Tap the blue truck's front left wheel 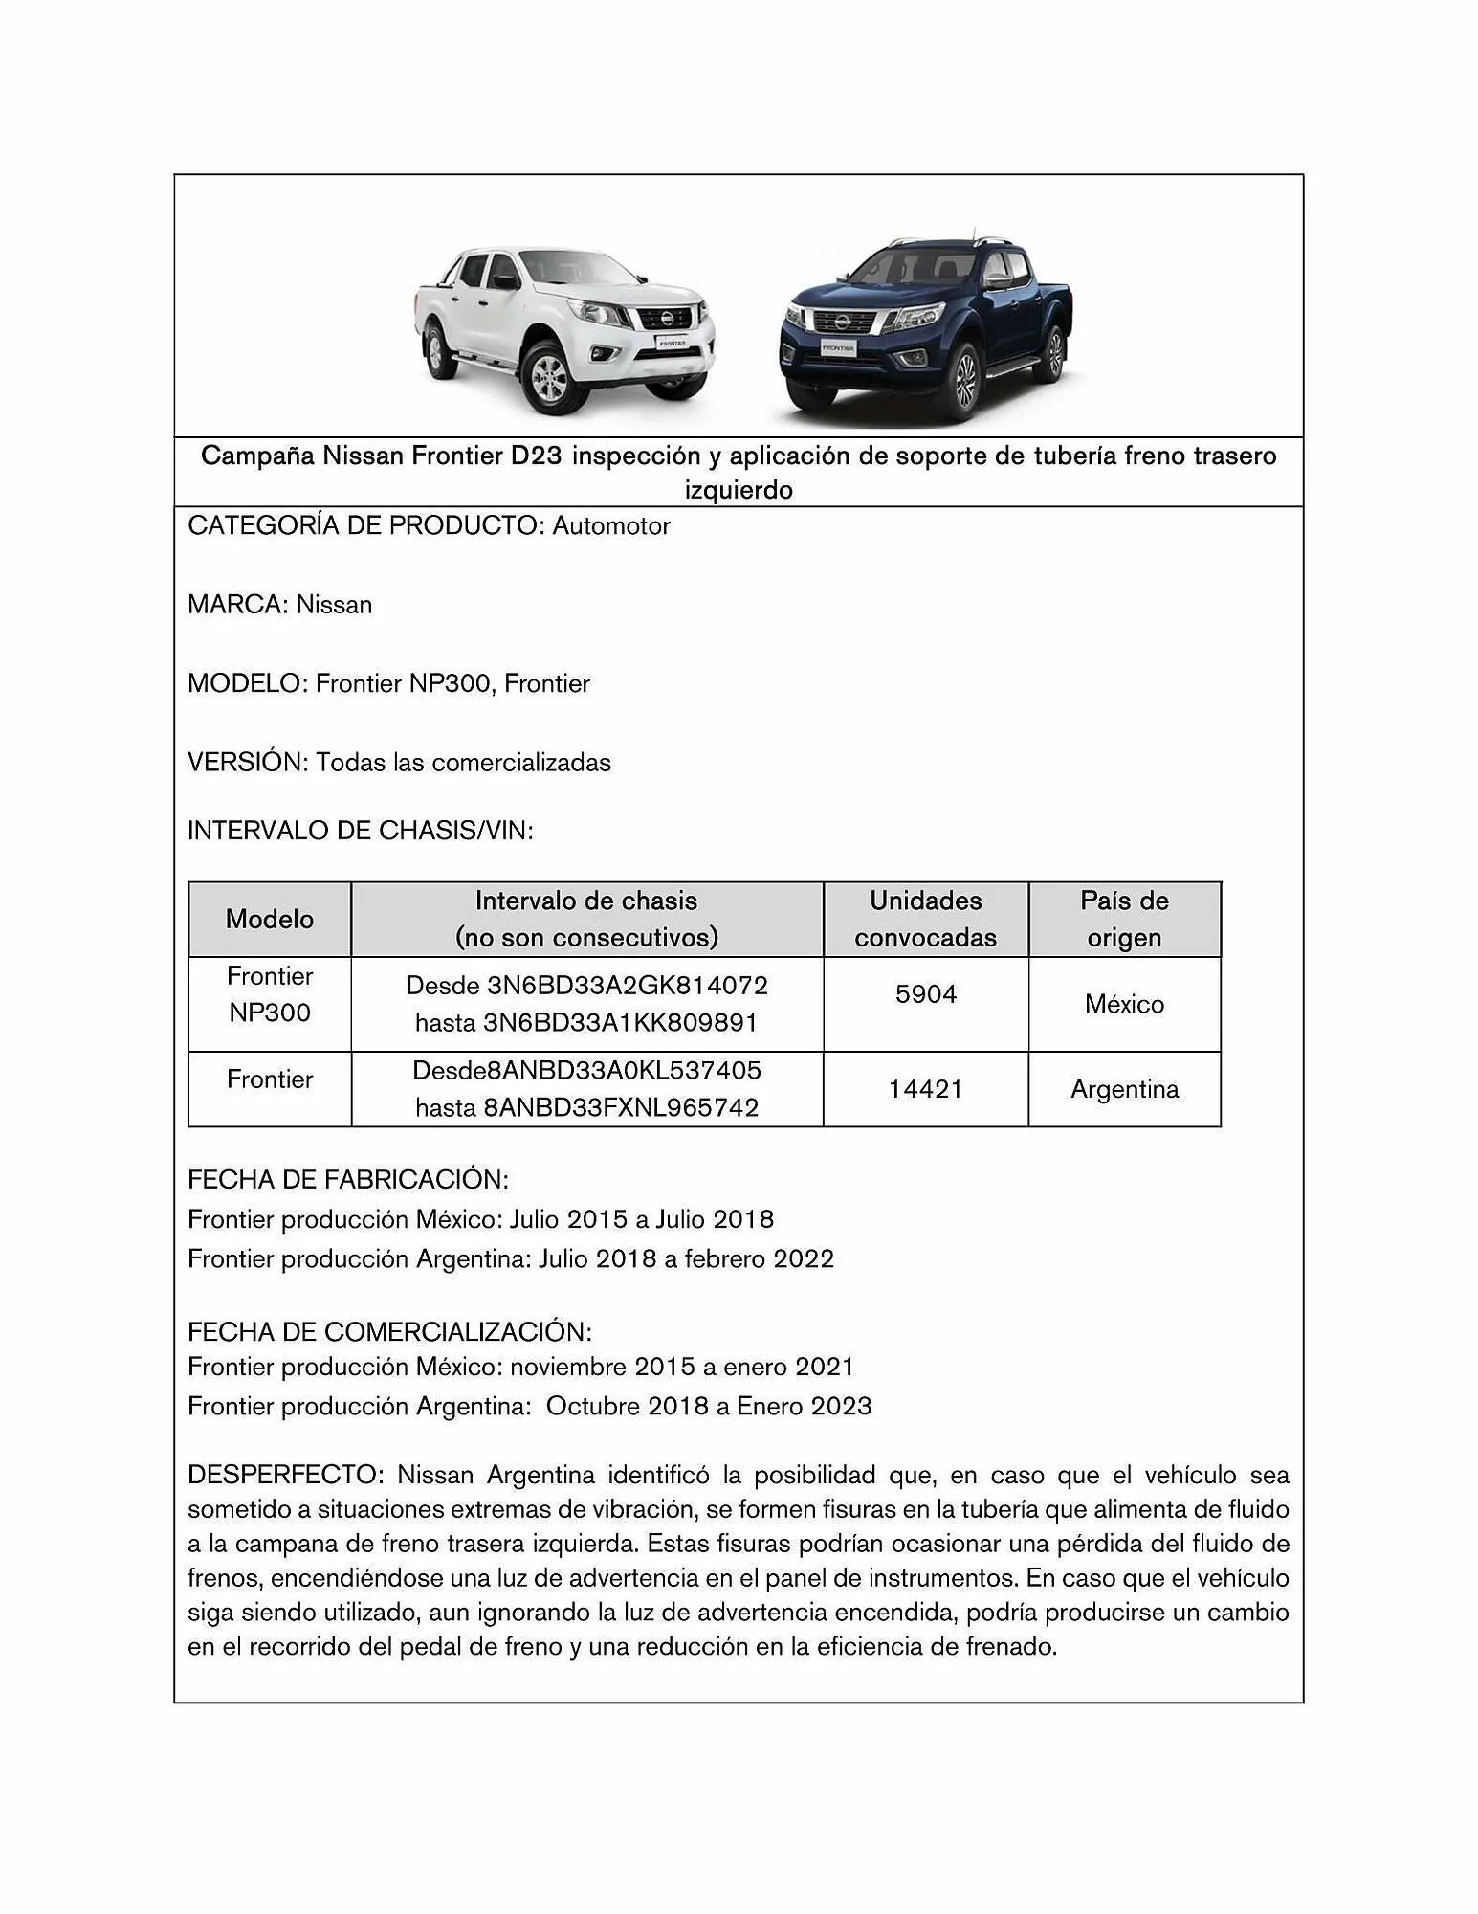(x=965, y=381)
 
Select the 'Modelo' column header (x=270, y=919)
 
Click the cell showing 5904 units (x=925, y=994)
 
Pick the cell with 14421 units (x=925, y=1089)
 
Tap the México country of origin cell (x=1124, y=1004)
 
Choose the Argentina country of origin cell (x=1124, y=1089)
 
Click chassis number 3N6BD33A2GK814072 (x=627, y=985)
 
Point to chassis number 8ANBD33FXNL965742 (x=621, y=1107)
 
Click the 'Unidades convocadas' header (x=925, y=919)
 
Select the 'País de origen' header (x=1124, y=919)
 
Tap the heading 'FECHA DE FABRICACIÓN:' (x=348, y=1179)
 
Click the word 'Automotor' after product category (x=611, y=525)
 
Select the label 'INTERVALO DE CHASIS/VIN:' (x=361, y=830)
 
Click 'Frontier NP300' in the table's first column (x=270, y=994)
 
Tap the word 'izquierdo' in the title (x=739, y=490)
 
